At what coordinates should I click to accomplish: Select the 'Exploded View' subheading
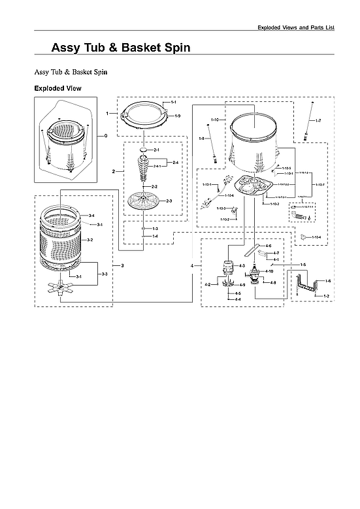point(57,88)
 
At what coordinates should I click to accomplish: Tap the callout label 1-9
point(177,116)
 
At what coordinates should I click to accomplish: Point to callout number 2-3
point(169,201)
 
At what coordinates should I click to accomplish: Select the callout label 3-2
point(90,240)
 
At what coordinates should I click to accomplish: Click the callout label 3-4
point(91,216)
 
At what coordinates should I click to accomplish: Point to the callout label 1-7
point(318,122)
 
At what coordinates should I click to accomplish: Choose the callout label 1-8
point(202,139)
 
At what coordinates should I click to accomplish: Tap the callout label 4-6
point(269,246)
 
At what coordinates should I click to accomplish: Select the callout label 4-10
point(270,271)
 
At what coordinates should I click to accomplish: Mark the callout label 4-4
point(238,299)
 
